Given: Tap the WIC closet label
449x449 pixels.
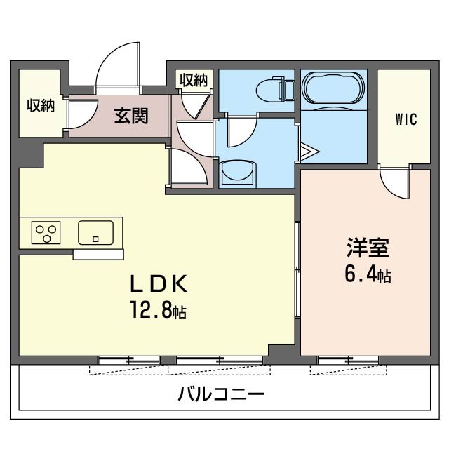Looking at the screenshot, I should (406, 119).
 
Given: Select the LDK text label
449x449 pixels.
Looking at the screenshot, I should (159, 283).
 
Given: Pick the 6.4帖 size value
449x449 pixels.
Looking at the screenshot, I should (367, 274).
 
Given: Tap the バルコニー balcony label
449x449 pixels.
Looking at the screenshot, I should (220, 394).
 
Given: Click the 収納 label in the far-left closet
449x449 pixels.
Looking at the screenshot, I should (41, 107).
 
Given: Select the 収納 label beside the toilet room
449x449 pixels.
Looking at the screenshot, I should (193, 80).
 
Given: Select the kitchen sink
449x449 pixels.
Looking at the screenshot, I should (95, 232).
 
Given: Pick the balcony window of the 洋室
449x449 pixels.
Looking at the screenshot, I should (347, 361).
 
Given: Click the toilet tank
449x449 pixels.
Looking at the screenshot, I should (287, 90).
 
